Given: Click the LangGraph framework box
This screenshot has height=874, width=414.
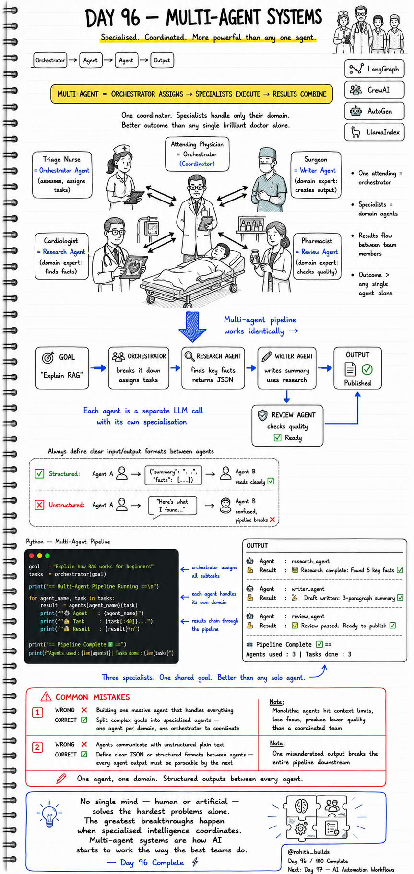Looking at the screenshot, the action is click(374, 69).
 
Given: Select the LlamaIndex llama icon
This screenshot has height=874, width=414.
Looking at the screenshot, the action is click(355, 132).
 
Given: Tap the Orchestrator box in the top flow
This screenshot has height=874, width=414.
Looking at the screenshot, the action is click(50, 60).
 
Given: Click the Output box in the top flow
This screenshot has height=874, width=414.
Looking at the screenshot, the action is click(162, 60).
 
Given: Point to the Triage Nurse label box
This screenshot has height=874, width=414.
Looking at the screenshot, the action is click(62, 175).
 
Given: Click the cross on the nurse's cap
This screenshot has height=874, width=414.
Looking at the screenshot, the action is click(124, 149).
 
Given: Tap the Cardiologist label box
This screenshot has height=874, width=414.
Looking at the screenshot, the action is click(61, 256).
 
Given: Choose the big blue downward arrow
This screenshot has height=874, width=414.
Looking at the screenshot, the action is click(192, 327).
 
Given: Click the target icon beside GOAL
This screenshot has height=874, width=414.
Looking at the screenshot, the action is click(48, 357).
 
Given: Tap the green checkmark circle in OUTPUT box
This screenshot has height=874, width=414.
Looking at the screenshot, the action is click(367, 369).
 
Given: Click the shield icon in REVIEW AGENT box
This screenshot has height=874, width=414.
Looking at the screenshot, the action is click(262, 415).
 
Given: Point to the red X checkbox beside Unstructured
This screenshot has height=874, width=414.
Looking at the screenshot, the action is click(40, 505).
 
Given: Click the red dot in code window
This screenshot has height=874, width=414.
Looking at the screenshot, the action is click(32, 555).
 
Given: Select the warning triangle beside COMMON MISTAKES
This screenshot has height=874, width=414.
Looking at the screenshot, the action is click(46, 697).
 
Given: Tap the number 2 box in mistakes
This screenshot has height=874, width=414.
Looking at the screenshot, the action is click(37, 747).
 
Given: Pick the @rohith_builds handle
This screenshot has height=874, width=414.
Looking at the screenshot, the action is click(308, 852).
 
